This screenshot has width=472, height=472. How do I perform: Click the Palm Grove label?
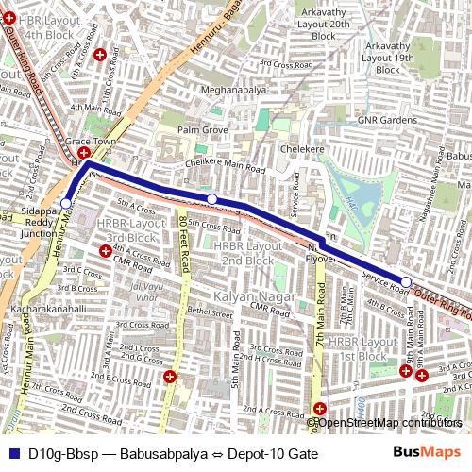coord(203,128)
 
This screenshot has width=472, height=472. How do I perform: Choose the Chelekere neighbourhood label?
coord(302,149)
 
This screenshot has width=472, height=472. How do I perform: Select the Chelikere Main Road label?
coord(225,169)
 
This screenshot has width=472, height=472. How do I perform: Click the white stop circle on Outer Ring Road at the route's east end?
coord(406,282)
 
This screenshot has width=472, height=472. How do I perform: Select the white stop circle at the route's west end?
coord(65,203)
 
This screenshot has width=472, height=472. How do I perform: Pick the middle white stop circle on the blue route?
coord(212,198)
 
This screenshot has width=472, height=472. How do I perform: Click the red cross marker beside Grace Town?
coord(84,153)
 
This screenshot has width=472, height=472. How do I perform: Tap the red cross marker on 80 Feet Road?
coord(170,377)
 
